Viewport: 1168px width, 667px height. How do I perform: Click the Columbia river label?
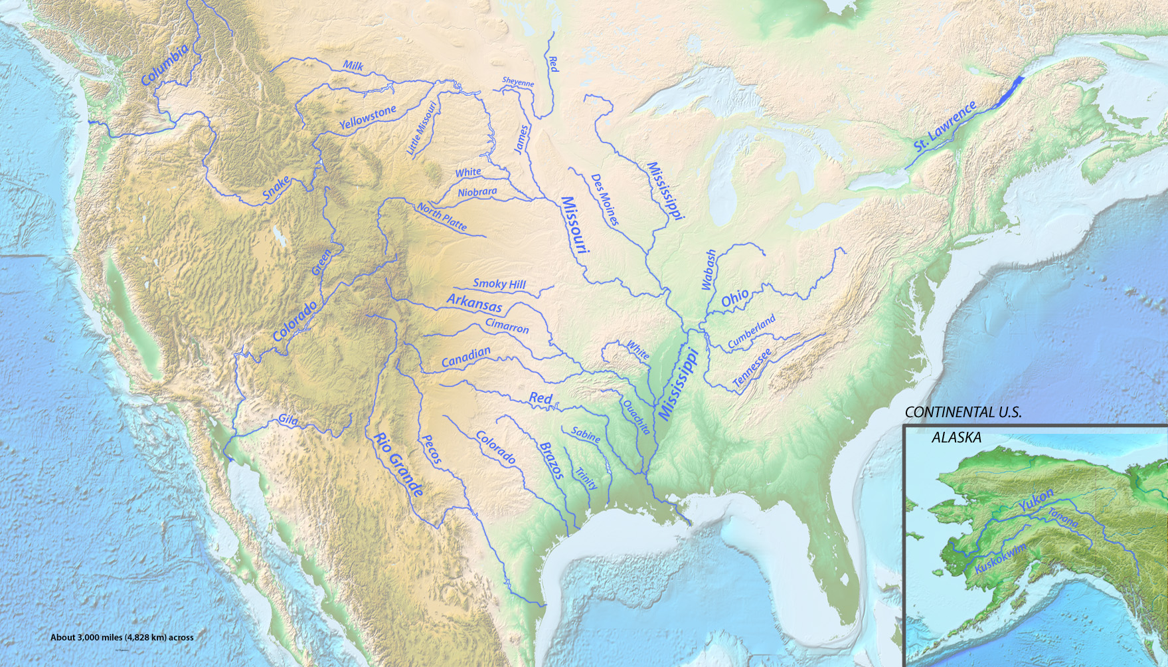click(x=165, y=64)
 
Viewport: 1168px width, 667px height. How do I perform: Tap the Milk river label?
click(x=353, y=66)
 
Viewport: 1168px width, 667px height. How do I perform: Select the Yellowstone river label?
click(x=367, y=117)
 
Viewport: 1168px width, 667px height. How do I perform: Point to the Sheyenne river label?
click(x=518, y=82)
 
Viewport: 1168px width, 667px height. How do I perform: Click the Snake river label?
click(x=276, y=188)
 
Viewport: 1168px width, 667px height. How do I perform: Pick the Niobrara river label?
click(x=477, y=192)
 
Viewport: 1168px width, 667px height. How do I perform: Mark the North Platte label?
click(x=442, y=217)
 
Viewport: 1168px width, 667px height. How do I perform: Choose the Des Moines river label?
click(x=605, y=199)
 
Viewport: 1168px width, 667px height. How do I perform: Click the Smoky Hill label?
click(x=499, y=284)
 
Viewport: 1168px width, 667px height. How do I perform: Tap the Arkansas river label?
click(x=474, y=304)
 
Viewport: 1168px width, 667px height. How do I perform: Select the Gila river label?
click(x=288, y=420)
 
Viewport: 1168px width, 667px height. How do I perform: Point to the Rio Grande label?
click(x=398, y=464)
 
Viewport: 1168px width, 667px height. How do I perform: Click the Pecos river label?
click(x=432, y=449)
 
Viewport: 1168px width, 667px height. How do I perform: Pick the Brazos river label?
click(x=551, y=460)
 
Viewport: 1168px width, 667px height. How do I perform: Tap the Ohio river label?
click(x=735, y=298)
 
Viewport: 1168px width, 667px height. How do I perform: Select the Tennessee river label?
click(x=752, y=368)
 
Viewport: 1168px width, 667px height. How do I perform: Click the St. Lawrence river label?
click(x=945, y=126)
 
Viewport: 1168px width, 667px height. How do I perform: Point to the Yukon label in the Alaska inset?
click(x=1036, y=500)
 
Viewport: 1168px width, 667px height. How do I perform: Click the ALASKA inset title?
click(x=956, y=437)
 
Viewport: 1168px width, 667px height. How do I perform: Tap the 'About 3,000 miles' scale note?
click(x=122, y=637)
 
